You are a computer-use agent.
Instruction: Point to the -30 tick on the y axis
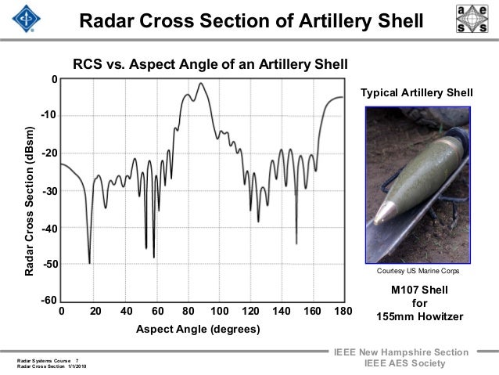click(50, 191)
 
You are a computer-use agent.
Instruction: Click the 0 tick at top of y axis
click(53, 80)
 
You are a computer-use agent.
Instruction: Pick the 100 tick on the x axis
click(219, 312)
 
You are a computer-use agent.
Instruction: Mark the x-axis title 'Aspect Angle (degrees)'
click(198, 330)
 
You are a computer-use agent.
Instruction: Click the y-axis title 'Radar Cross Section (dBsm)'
click(29, 200)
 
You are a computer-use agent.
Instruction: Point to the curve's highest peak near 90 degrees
click(202, 83)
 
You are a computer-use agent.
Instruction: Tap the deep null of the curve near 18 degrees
click(90, 263)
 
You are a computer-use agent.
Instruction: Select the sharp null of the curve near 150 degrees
click(296, 243)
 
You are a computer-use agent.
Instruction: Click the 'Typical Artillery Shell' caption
click(416, 93)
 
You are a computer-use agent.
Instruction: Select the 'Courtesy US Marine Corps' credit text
click(418, 272)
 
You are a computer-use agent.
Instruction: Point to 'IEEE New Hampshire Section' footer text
click(401, 354)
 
